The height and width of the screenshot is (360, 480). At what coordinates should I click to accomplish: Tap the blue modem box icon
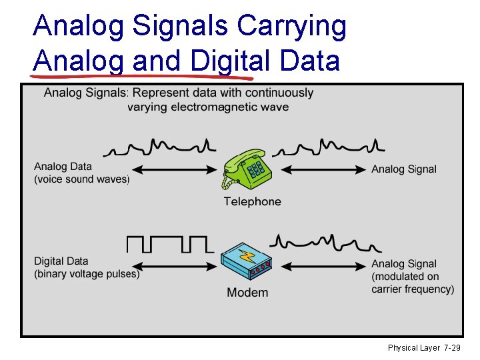coord(247,263)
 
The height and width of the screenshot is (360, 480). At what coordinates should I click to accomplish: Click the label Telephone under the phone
coord(252,201)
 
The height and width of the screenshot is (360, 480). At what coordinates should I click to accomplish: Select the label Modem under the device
coord(247,292)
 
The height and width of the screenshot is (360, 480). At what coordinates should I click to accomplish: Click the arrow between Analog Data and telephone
coord(177,170)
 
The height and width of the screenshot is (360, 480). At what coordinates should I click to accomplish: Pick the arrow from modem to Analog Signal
coord(320,265)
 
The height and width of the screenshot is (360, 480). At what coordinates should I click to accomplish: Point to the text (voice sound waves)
coord(81,179)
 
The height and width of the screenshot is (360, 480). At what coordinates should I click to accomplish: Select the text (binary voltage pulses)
coord(87,273)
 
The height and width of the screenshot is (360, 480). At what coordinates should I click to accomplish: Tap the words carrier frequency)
coord(413,289)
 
